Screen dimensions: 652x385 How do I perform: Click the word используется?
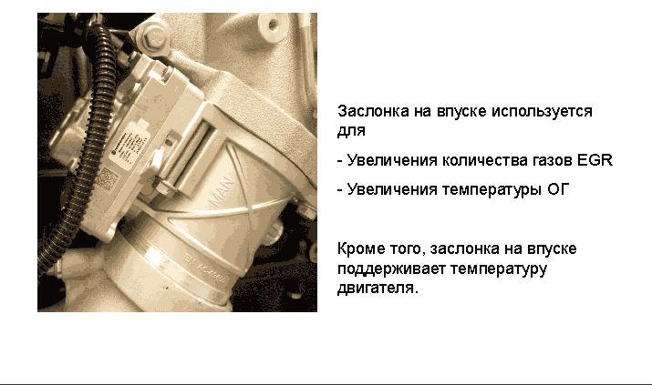pyautogui.click(x=542, y=112)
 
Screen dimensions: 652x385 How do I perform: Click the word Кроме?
pyautogui.click(x=361, y=248)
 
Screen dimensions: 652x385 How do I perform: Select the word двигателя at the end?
pyautogui.click(x=378, y=288)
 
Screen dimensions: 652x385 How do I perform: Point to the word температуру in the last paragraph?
pyautogui.click(x=499, y=268)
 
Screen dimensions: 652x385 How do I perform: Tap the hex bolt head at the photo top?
pyautogui.click(x=154, y=36)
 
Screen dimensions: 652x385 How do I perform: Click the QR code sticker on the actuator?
pyautogui.click(x=108, y=179)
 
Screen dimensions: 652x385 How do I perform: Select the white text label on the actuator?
pyautogui.click(x=129, y=147)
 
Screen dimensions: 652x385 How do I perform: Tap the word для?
pyautogui.click(x=351, y=131)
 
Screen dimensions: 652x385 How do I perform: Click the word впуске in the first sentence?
pyautogui.click(x=461, y=112)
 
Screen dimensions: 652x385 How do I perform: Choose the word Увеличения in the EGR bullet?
pyautogui.click(x=392, y=160)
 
